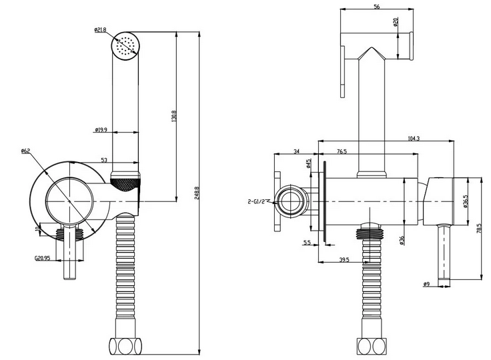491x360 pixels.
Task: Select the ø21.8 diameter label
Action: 101,29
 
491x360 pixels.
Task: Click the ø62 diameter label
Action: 26,151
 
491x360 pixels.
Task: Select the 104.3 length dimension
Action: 414,138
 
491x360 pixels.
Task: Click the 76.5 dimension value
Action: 342,152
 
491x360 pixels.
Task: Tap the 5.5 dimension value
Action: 308,243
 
